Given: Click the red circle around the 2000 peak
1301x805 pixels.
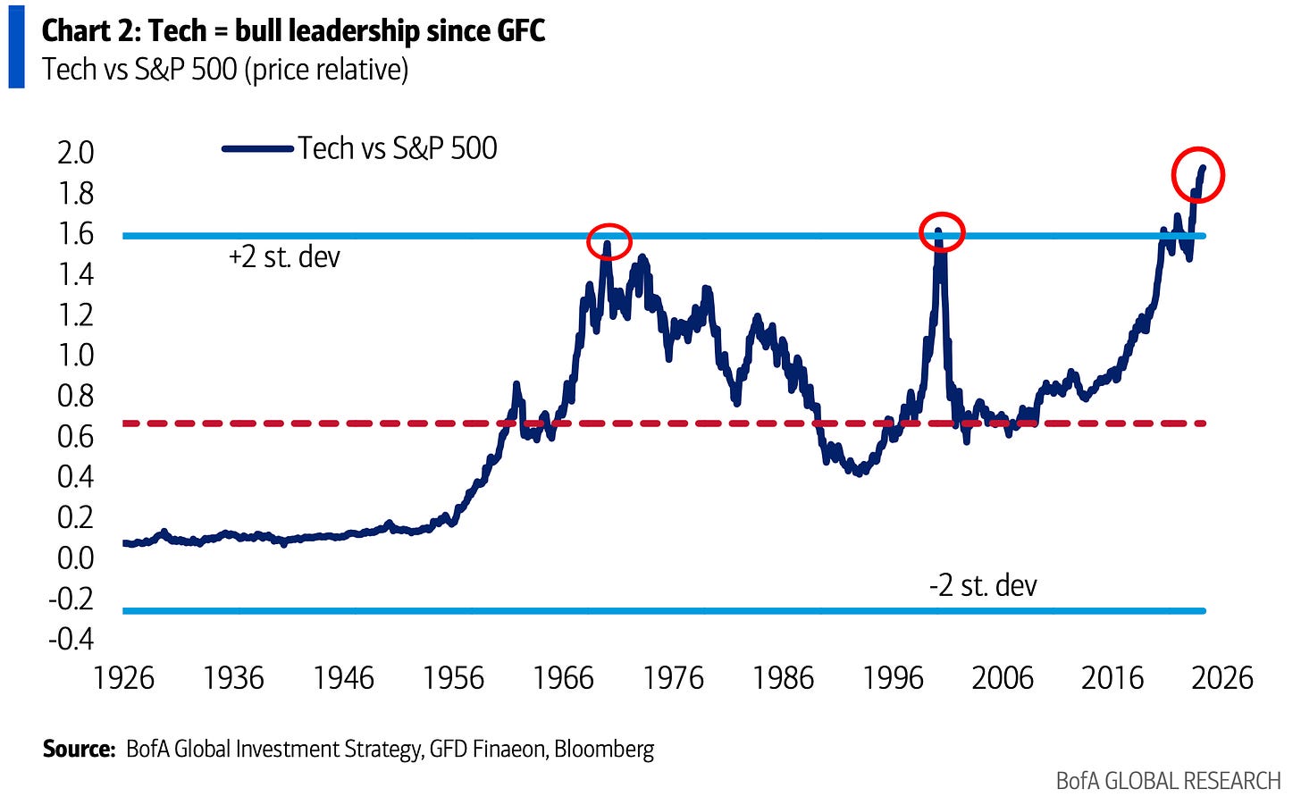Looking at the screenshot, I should (x=942, y=232).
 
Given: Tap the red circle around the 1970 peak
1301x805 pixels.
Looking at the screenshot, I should (x=609, y=241).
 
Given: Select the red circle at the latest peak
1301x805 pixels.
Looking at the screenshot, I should (x=1197, y=175).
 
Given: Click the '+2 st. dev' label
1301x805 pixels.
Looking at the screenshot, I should (x=284, y=257).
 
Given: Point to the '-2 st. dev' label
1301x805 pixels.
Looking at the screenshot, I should (x=983, y=585).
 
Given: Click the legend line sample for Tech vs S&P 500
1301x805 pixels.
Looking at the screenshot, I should (x=258, y=149).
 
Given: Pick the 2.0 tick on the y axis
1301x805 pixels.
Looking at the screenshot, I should (x=75, y=153).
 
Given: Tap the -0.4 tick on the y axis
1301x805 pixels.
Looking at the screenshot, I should (x=71, y=639).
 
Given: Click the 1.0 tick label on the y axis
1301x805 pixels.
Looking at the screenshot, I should (x=75, y=356).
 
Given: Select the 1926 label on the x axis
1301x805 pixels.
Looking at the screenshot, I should (x=123, y=679).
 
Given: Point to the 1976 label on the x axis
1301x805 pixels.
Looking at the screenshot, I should (x=673, y=679).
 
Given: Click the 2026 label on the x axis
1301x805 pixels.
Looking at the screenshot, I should (x=1222, y=679).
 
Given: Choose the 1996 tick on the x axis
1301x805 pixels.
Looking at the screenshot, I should (x=893, y=679).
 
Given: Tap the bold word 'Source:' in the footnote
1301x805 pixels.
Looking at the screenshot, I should (x=79, y=749).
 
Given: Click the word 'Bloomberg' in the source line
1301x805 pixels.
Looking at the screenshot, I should (x=604, y=749).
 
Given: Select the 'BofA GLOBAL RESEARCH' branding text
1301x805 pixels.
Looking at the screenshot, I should (x=1168, y=781).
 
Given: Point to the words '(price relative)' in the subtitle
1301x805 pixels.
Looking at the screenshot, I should (x=326, y=70).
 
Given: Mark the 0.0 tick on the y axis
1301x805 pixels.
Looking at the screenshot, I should (x=75, y=558).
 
